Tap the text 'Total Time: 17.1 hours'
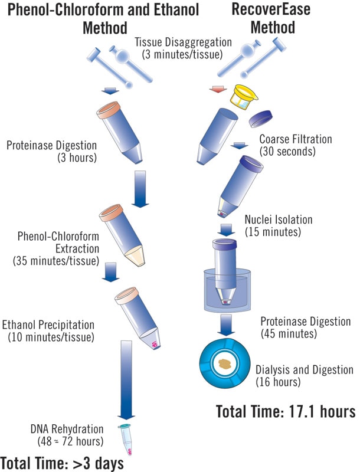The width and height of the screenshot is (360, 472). [x=286, y=410]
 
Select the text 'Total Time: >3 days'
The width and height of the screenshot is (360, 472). [x=61, y=463]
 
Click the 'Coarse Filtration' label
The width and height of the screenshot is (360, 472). [x=296, y=140]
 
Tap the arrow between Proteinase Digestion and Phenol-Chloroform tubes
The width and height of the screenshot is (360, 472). [x=140, y=188]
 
